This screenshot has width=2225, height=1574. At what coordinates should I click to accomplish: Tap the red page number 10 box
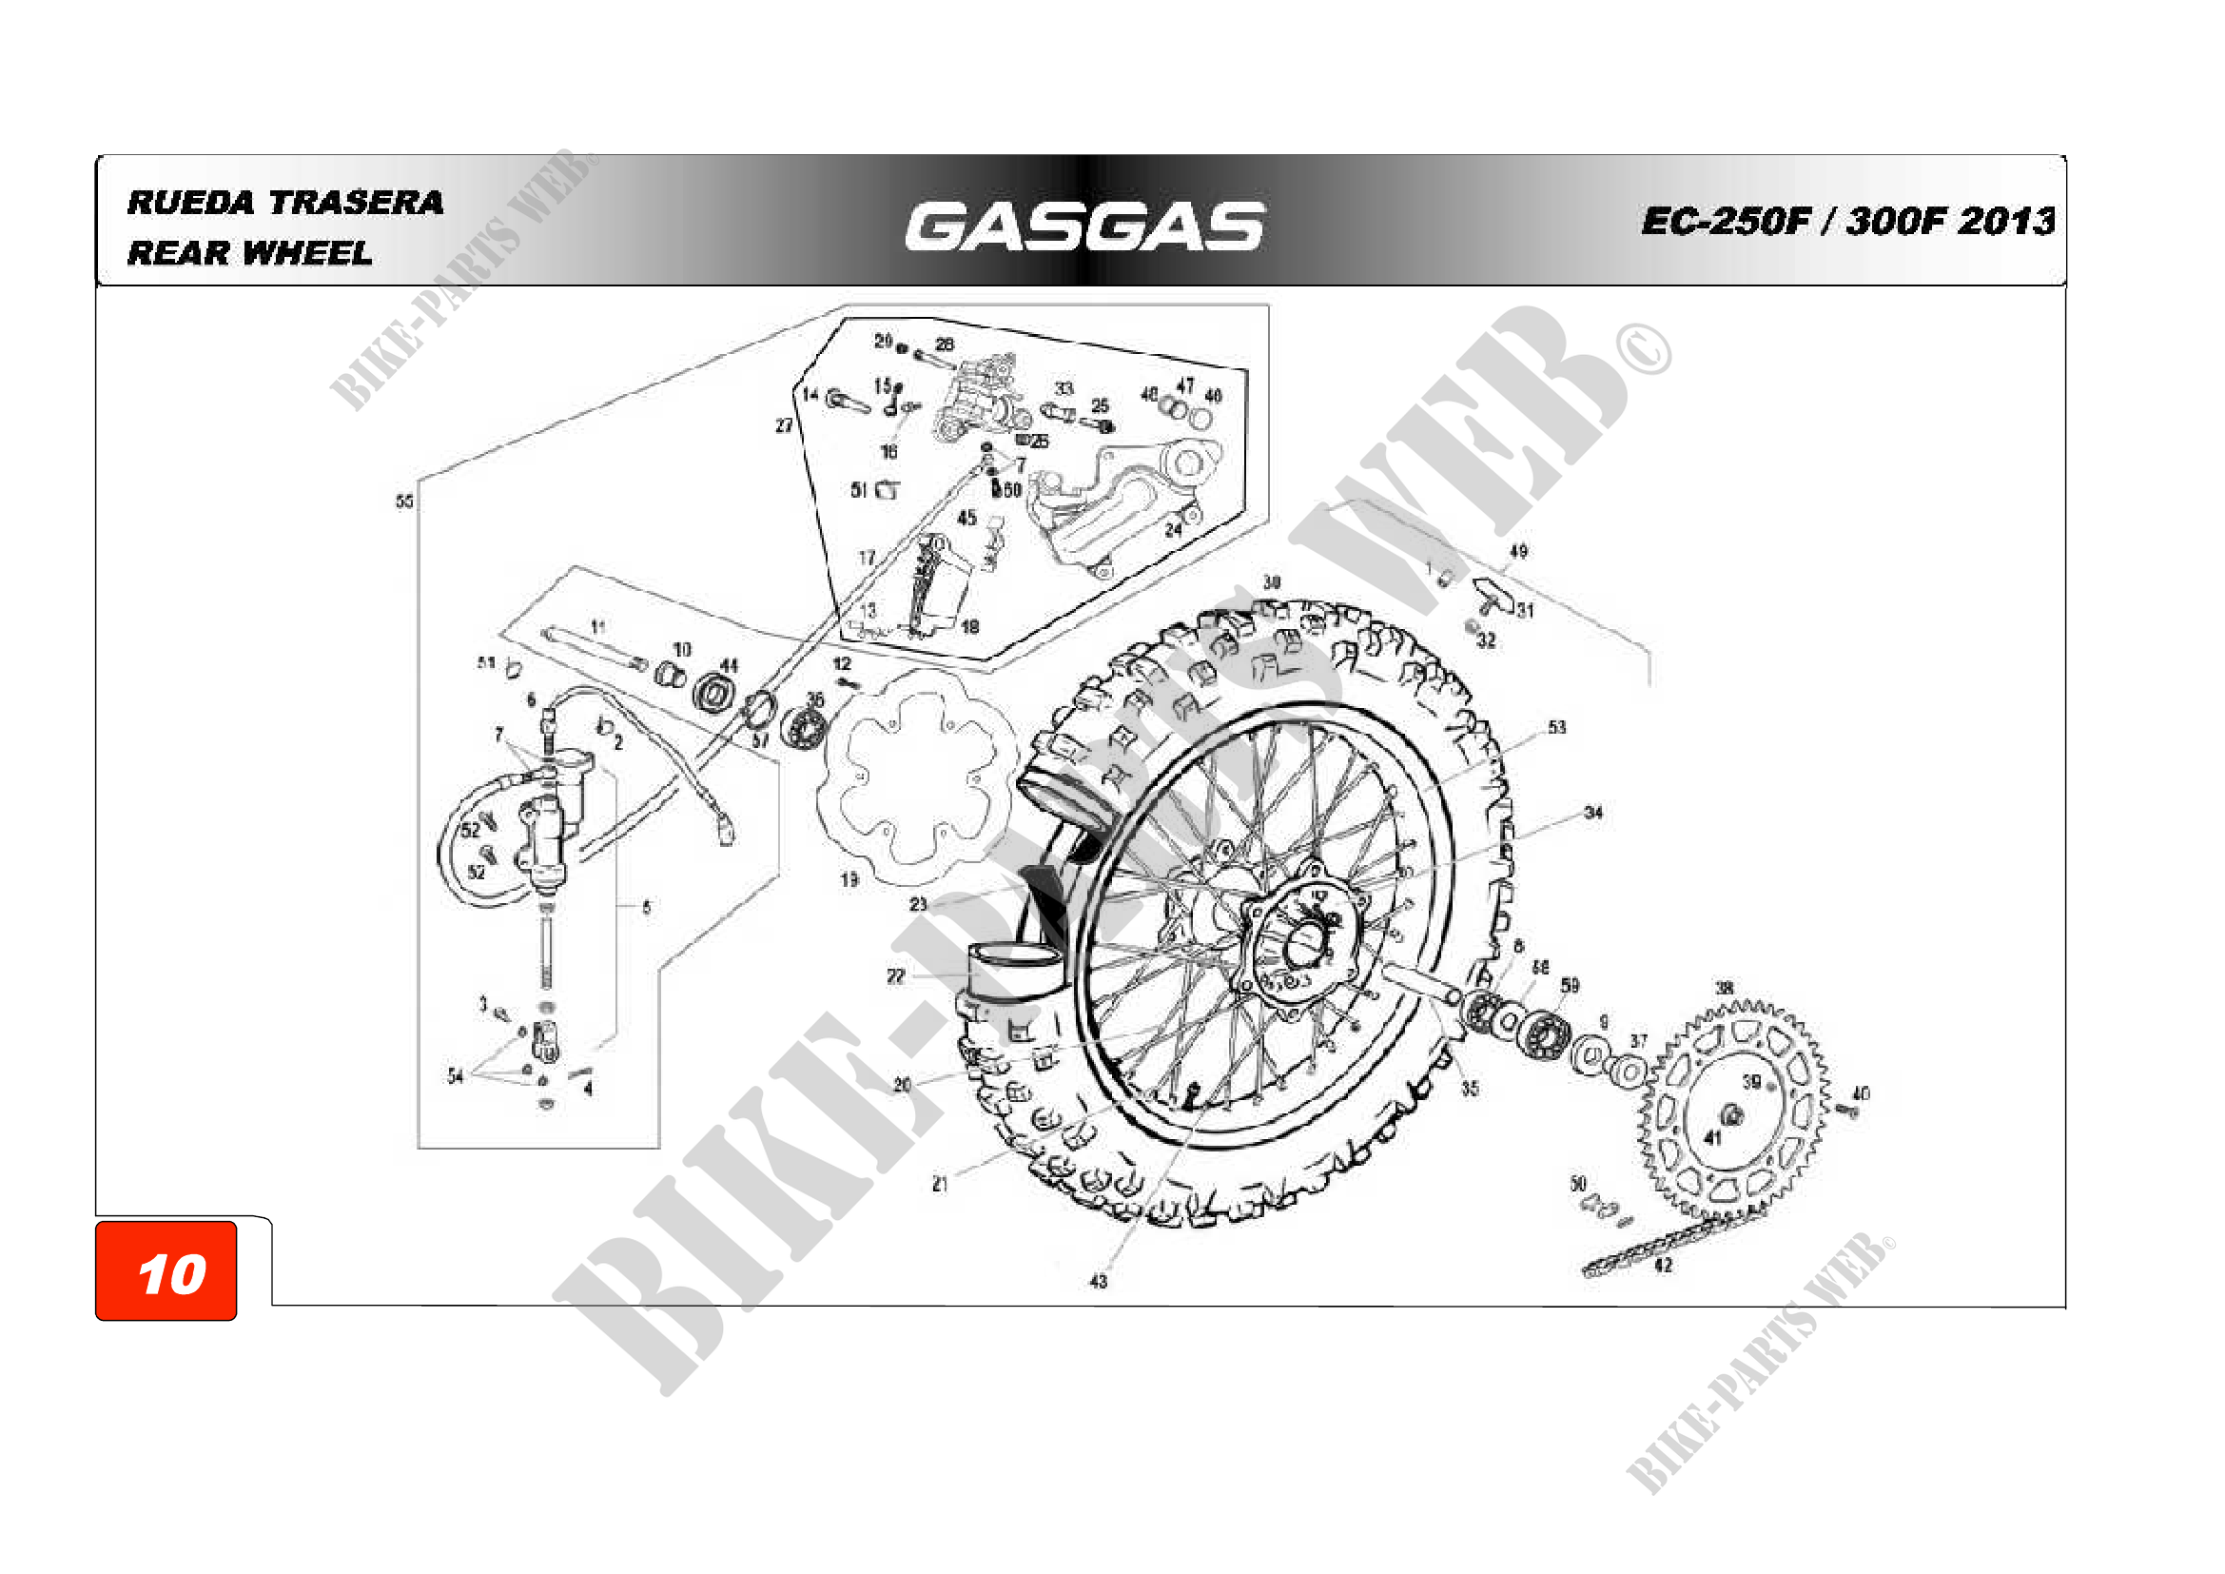click(166, 1270)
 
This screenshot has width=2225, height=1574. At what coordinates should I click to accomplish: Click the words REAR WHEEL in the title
click(249, 253)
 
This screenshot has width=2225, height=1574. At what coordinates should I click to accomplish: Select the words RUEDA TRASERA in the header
click(285, 202)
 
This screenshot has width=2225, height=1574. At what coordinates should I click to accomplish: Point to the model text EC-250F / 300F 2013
click(1847, 221)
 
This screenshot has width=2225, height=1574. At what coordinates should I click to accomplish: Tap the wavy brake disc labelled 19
click(915, 776)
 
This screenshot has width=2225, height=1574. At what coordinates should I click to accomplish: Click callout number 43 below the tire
click(1098, 1281)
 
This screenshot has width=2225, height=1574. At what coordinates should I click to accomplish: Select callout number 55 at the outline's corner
click(404, 502)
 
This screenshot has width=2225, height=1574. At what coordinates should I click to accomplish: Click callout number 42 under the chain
click(1663, 1265)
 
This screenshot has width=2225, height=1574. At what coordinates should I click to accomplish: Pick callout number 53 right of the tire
click(1556, 727)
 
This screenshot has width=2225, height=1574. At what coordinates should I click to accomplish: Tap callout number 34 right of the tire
click(1593, 812)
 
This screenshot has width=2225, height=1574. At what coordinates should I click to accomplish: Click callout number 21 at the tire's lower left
click(939, 1184)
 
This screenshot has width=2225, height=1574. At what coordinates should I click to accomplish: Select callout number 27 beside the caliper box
click(783, 425)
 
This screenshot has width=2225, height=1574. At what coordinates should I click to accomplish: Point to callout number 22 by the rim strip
click(895, 976)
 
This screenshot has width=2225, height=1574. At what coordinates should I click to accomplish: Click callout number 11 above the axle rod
click(598, 626)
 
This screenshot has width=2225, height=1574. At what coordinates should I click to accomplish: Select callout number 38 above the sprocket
click(1724, 989)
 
